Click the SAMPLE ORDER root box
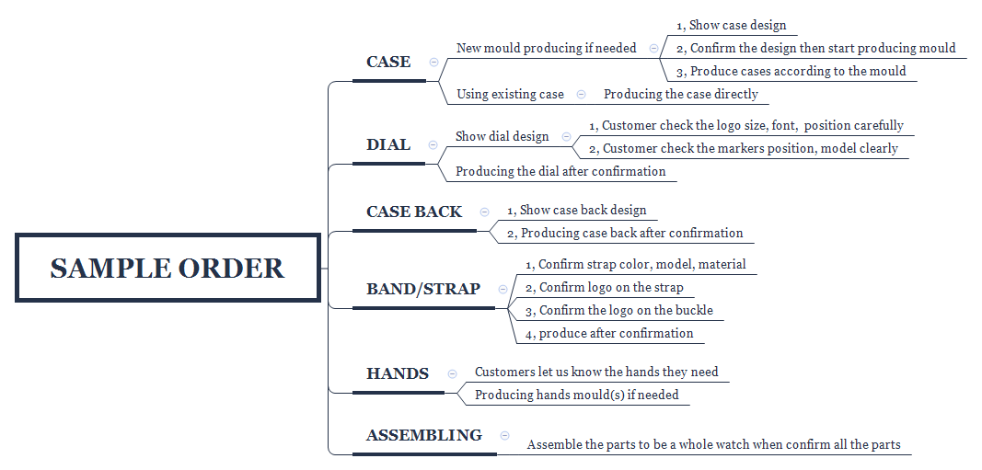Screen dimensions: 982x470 pyautogui.click(x=168, y=268)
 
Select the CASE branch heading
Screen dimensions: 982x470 pyautogui.click(x=388, y=62)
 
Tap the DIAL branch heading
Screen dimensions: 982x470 pyautogui.click(x=388, y=144)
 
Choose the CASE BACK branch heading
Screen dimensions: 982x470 pyautogui.click(x=414, y=212)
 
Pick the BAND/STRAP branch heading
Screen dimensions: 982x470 pyautogui.click(x=423, y=289)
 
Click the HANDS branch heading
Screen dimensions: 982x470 pyautogui.click(x=397, y=373)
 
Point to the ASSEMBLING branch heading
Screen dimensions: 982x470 pyautogui.click(x=424, y=435)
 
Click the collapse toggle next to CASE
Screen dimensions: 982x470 pyautogui.click(x=434, y=62)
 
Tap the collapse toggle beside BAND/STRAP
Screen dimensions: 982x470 pyautogui.click(x=503, y=289)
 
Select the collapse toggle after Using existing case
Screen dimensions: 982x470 pyautogui.click(x=581, y=95)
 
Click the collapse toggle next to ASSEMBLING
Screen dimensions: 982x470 pyautogui.click(x=504, y=436)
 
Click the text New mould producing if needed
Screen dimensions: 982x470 pyautogui.click(x=546, y=48)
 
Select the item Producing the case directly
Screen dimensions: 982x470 pyautogui.click(x=681, y=95)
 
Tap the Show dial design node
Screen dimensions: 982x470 pyautogui.click(x=503, y=136)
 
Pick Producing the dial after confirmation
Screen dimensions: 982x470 pyautogui.click(x=560, y=171)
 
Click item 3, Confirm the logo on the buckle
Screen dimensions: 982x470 pyautogui.click(x=618, y=310)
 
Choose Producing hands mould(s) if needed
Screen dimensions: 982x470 pyautogui.click(x=577, y=395)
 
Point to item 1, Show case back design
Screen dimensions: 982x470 pyautogui.click(x=576, y=211)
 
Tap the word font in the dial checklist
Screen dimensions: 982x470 pyautogui.click(x=783, y=126)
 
